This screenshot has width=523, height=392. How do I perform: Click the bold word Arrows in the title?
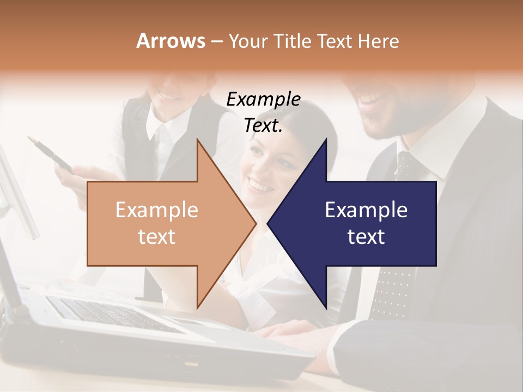171,41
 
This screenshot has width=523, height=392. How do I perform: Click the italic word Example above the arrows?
263,100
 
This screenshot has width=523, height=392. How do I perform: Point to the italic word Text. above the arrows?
263,126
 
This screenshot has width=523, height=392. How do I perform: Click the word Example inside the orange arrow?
157,210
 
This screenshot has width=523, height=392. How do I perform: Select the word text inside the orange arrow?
157,237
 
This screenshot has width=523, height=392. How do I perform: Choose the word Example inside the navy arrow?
366,210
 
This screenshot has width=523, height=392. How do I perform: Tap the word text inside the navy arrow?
366,237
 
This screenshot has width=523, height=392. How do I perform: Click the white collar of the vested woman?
163,131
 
